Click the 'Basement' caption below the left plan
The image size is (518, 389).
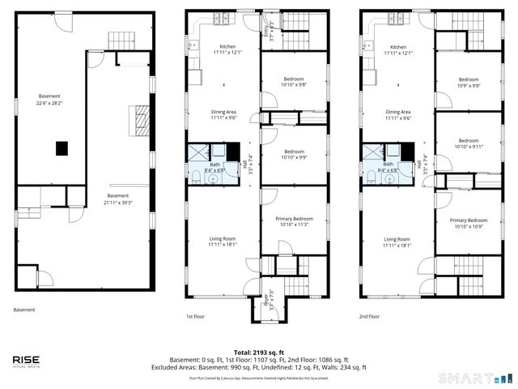pos(25,310)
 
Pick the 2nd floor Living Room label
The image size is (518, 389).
pos(397,241)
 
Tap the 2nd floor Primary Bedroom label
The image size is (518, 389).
pos(469,223)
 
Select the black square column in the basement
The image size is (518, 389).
pos(62,147)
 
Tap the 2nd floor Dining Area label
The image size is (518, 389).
pos(397,114)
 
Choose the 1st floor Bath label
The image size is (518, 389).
pos(211,168)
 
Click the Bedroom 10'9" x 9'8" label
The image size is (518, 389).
pos(469,82)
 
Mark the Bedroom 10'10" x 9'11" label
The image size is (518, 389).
pos(469,143)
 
